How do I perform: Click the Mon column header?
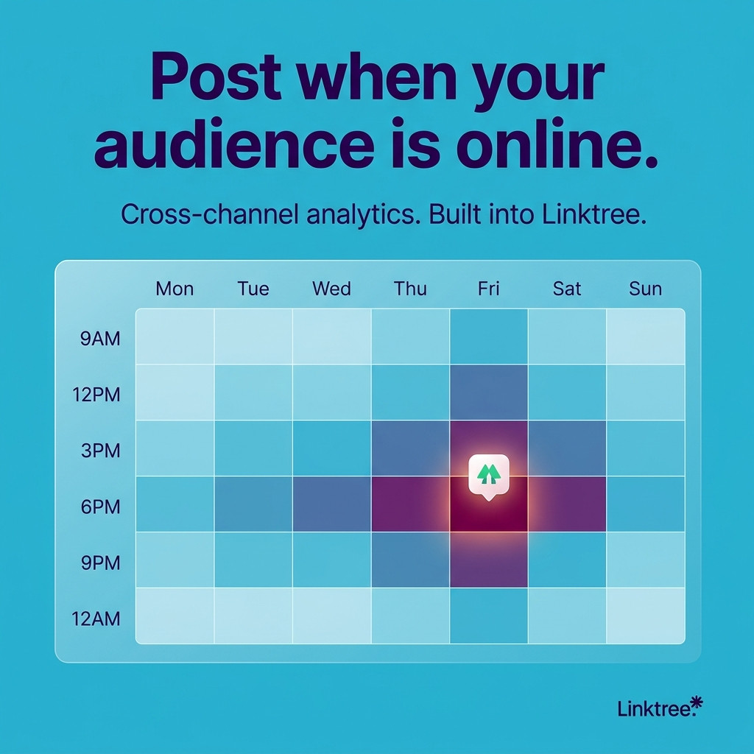175,289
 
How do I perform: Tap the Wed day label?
331,289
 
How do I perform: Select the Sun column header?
645,289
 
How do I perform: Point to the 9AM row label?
100,339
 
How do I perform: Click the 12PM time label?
96,395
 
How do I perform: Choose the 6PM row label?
100,507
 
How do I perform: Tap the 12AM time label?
96,619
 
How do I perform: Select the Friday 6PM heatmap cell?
489,504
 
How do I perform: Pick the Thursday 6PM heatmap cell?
410,504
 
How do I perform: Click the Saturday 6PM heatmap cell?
567,504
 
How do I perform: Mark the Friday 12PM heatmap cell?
489,392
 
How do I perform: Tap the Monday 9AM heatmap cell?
175,337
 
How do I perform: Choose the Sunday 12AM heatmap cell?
645,616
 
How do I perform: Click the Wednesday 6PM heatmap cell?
332,504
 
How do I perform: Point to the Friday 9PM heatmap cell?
489,560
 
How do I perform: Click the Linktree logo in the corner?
660,708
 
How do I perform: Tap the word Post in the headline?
216,77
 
